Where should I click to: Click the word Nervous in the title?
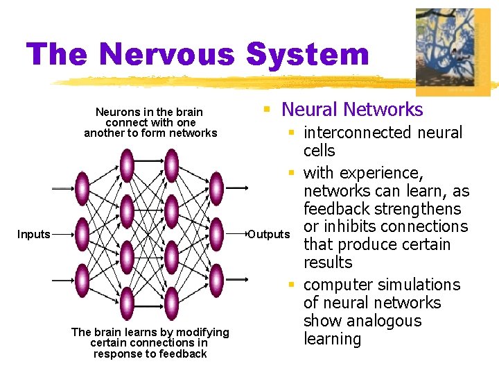166,55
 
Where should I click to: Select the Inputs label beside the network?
34,235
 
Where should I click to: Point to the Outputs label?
269,235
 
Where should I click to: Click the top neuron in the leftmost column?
82,187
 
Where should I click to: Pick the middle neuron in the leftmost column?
82,235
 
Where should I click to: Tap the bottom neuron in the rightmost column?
216,280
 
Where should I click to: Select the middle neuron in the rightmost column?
216,235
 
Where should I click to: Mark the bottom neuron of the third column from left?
171,303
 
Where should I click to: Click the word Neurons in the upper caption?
115,112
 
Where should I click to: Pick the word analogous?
383,321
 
